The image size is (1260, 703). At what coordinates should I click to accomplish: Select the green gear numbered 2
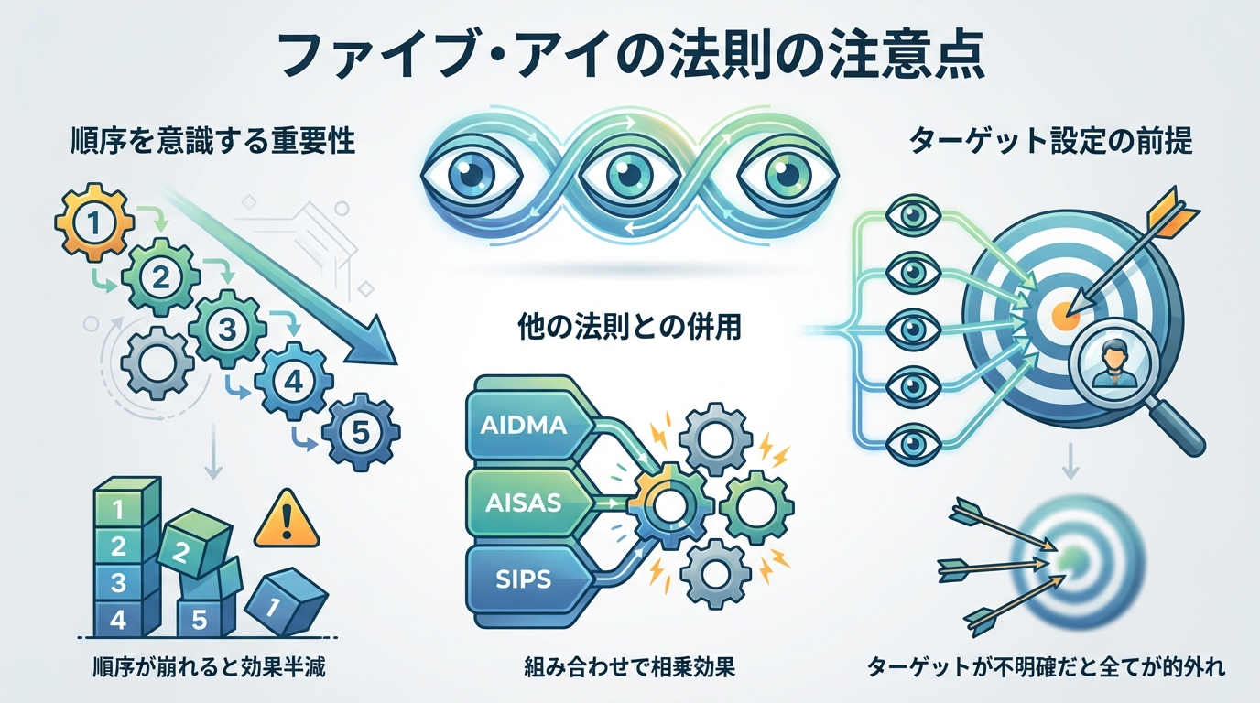160,277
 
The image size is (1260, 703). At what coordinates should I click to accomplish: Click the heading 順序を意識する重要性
212,144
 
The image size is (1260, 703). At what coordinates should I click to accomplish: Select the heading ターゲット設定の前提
1050,144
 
